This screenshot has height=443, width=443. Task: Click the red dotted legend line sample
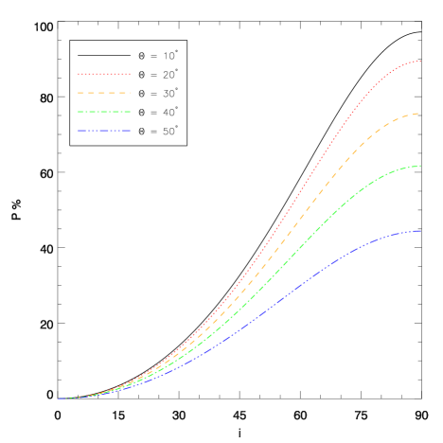(x=104, y=74)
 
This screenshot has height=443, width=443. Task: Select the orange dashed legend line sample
(x=104, y=93)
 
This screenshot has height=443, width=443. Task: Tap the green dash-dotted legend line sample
(x=104, y=112)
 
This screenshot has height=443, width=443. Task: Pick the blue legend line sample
(x=104, y=131)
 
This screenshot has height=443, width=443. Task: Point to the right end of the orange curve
(x=420, y=114)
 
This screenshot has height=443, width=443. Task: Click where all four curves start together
(x=58, y=399)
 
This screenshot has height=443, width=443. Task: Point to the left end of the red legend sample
(x=79, y=74)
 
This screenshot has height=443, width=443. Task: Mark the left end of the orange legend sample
(x=79, y=93)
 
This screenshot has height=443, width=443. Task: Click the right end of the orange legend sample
(x=130, y=93)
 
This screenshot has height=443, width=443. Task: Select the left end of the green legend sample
(x=79, y=112)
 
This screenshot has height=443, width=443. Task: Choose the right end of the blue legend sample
(x=130, y=131)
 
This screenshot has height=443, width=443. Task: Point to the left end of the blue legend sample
(x=79, y=131)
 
